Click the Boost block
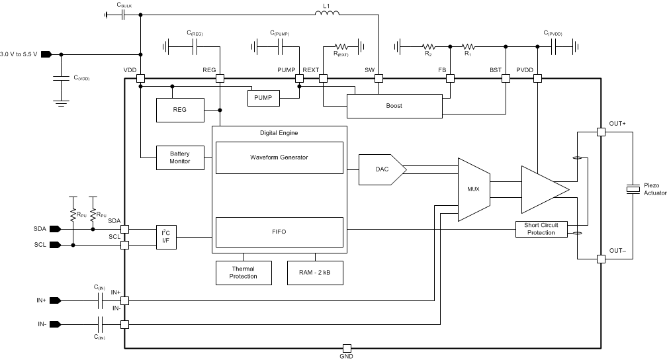394,106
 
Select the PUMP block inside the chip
263,98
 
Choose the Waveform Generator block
279,157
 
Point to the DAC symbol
381,169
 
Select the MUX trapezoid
473,189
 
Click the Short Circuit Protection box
541,229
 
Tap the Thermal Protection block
244,272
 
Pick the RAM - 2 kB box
315,272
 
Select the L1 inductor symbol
326,14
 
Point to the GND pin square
346,348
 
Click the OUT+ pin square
601,132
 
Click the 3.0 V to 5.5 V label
20,54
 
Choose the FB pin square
450,78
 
